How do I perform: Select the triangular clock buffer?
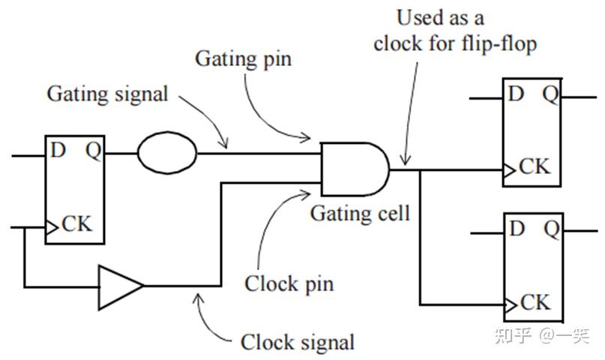point(118,286)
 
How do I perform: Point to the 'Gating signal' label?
point(107,94)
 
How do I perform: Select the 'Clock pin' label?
point(289,284)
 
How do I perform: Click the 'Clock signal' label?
point(297,342)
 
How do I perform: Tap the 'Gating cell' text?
point(361,214)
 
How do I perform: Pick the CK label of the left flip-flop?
point(77,224)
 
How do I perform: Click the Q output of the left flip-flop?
point(93,151)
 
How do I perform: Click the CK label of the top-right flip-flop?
point(535,166)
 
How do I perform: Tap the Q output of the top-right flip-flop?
point(550,94)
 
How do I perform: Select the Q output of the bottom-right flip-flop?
point(550,228)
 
